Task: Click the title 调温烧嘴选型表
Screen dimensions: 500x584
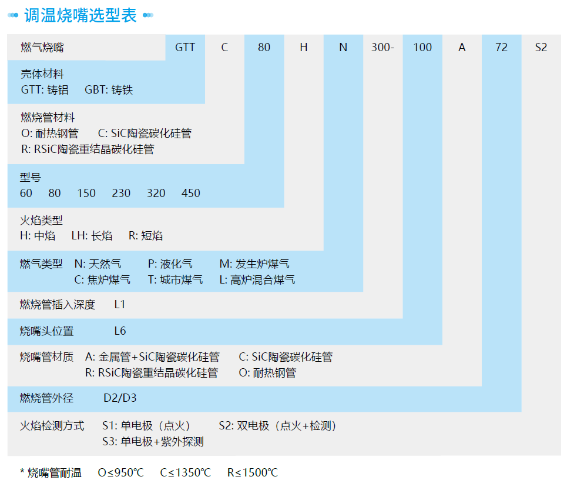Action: click(x=80, y=15)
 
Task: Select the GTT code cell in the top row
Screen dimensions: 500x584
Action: click(x=185, y=48)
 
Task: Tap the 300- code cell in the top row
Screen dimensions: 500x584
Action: click(x=382, y=48)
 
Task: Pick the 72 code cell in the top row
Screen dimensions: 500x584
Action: click(x=501, y=48)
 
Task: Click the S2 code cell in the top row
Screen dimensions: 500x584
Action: click(x=541, y=48)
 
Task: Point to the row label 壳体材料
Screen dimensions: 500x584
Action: click(x=42, y=74)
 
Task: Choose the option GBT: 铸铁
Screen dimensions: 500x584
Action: click(x=109, y=90)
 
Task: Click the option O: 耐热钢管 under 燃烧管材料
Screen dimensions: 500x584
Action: click(x=49, y=134)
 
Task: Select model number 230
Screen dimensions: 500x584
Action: click(x=121, y=193)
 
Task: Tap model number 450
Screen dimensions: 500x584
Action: click(x=191, y=193)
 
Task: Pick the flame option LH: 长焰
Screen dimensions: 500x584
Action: click(x=92, y=236)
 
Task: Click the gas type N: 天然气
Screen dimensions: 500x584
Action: click(x=98, y=264)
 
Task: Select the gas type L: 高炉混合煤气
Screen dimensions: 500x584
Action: click(x=257, y=279)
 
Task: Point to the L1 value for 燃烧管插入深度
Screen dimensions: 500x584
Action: click(x=120, y=305)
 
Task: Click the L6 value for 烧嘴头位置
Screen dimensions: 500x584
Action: click(x=120, y=331)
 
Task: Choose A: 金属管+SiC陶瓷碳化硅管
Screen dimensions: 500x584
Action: click(x=152, y=356)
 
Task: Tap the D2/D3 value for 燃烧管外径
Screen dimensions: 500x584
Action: click(x=120, y=398)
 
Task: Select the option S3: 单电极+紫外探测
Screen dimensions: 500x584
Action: click(x=153, y=441)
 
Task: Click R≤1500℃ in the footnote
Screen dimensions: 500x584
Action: click(x=253, y=472)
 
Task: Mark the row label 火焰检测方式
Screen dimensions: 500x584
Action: click(x=52, y=426)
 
